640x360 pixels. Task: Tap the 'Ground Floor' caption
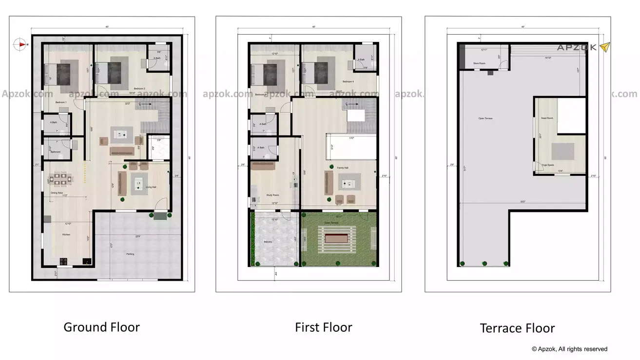pyautogui.click(x=101, y=327)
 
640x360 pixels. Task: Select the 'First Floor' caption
pyautogui.click(x=323, y=327)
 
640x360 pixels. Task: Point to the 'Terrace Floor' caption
pyautogui.click(x=517, y=328)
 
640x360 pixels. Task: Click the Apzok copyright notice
pyautogui.click(x=569, y=349)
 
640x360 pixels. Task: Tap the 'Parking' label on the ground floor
pyautogui.click(x=130, y=254)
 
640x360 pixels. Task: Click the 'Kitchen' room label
pyautogui.click(x=66, y=235)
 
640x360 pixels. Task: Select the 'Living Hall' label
pyautogui.click(x=151, y=187)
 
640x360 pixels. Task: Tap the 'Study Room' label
pyautogui.click(x=272, y=195)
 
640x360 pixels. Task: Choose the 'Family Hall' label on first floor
pyautogui.click(x=343, y=168)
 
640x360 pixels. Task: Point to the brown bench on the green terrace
pyautogui.click(x=337, y=239)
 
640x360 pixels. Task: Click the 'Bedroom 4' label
pyautogui.click(x=348, y=81)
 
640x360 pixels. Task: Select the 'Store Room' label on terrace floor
pyautogui.click(x=479, y=63)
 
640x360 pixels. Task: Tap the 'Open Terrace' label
pyautogui.click(x=485, y=118)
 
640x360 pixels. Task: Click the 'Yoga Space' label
pyautogui.click(x=547, y=165)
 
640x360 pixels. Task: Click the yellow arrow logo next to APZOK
pyautogui.click(x=604, y=47)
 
